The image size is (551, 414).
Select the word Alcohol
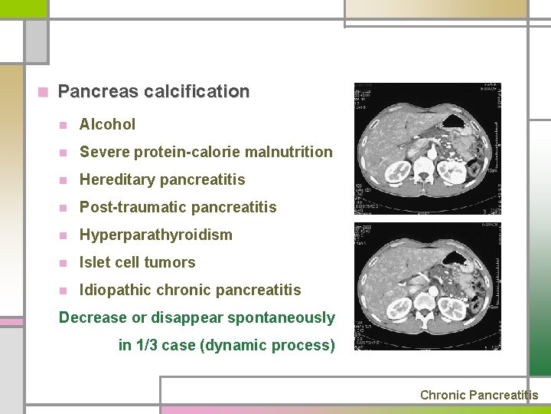coord(107,124)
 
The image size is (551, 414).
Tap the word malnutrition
coord(288,152)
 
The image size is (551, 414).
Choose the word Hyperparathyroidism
coord(155,235)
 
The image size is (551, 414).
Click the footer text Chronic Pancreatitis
coord(479,395)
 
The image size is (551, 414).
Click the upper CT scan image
coord(427,149)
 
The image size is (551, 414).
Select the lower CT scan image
coord(427,287)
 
